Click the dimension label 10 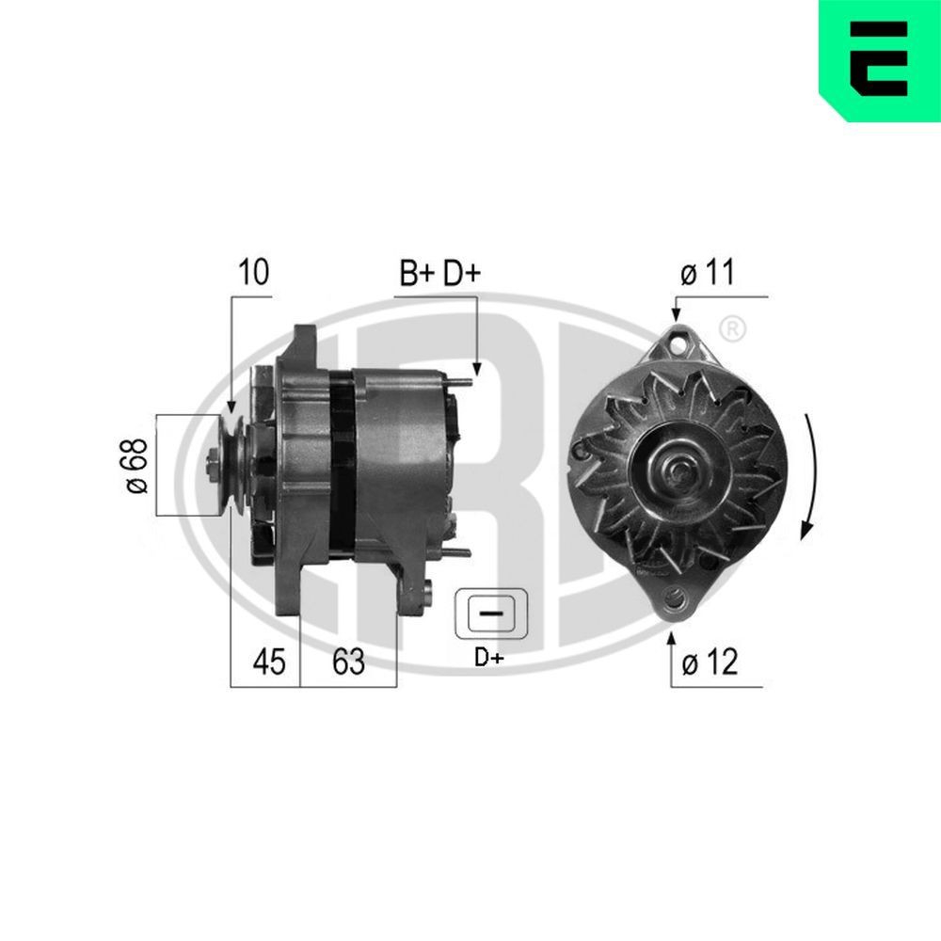[253, 273]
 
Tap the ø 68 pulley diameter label [136, 465]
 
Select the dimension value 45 [267, 662]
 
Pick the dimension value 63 [348, 662]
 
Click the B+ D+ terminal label [439, 273]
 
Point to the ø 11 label [707, 274]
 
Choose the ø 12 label [709, 662]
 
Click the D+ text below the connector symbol [489, 658]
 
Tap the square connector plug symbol [489, 614]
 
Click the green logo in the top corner [879, 60]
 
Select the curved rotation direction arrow [810, 475]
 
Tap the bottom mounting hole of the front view [675, 597]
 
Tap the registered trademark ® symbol [732, 329]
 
